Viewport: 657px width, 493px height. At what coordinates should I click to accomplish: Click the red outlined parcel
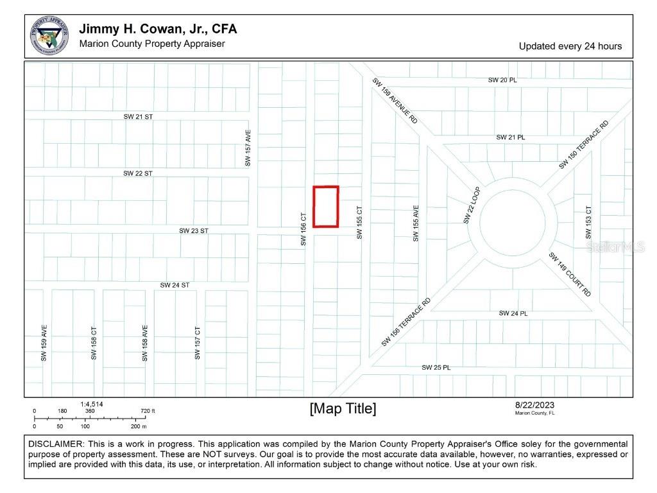[x=325, y=206]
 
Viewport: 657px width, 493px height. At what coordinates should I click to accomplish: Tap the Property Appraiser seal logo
[x=50, y=36]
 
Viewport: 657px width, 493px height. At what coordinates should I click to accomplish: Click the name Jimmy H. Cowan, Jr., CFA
[x=158, y=30]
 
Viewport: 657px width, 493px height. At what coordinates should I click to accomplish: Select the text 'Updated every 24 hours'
[x=570, y=46]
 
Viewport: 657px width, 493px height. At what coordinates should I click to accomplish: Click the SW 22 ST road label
[x=138, y=173]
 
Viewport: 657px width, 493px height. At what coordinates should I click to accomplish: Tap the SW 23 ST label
[x=193, y=230]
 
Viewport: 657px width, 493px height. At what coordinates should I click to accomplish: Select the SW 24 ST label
[x=175, y=284]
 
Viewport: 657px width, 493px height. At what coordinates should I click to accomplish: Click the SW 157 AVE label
[x=248, y=148]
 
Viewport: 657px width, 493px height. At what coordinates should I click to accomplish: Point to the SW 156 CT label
[x=304, y=229]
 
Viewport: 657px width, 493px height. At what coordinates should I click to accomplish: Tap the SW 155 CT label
[x=359, y=223]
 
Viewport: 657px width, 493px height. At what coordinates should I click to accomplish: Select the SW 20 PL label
[x=502, y=80]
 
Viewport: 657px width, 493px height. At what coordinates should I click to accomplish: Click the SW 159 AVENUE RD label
[x=396, y=101]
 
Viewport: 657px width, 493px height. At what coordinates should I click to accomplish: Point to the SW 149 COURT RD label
[x=570, y=274]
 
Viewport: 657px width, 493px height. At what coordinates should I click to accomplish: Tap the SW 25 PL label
[x=436, y=368]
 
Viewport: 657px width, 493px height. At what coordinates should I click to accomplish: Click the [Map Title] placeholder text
[x=343, y=408]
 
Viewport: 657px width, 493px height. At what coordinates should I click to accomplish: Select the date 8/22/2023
[x=534, y=404]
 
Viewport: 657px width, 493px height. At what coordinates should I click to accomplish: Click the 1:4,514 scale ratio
[x=92, y=404]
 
